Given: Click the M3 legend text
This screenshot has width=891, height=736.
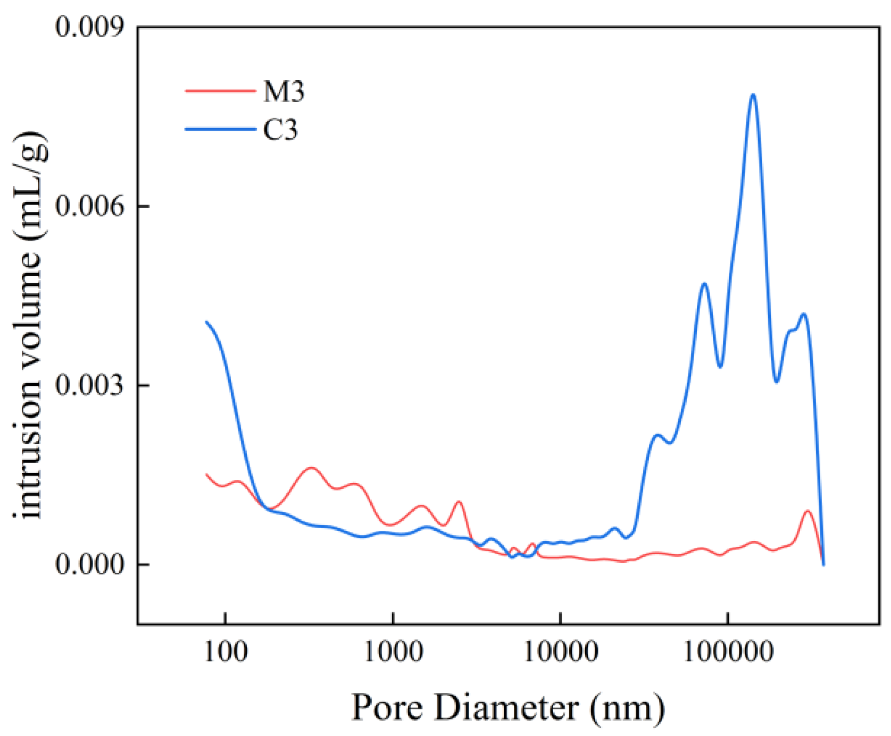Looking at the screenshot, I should coord(284,91).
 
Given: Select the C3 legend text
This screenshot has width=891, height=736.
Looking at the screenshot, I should coord(280,130).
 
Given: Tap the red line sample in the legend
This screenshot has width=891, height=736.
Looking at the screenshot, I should coord(220,91).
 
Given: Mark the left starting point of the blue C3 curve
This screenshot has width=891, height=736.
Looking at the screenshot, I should coord(206,322).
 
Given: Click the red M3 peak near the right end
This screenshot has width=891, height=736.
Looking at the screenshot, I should coord(807,511).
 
